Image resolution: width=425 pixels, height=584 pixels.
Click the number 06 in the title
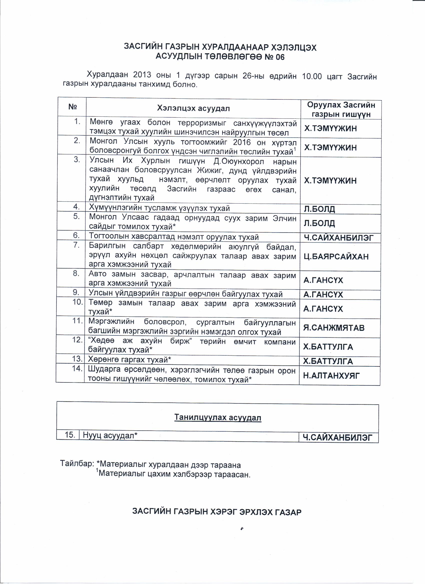(280, 57)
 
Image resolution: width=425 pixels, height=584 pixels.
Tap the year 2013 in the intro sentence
(142, 75)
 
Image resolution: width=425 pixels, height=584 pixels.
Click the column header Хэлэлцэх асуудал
(193, 108)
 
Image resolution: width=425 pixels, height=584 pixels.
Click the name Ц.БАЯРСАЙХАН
(336, 257)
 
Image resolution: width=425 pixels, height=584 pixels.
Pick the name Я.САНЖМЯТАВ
(334, 328)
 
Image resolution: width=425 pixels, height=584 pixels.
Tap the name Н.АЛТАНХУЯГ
(331, 376)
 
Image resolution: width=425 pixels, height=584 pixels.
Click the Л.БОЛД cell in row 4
(319, 209)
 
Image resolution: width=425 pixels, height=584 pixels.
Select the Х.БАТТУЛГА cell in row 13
(328, 361)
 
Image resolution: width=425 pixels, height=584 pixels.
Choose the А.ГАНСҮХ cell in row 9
(323, 294)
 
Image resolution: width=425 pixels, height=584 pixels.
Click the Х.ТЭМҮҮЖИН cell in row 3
(330, 181)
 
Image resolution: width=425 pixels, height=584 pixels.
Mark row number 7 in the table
(76, 245)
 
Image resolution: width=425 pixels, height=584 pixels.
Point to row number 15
(70, 435)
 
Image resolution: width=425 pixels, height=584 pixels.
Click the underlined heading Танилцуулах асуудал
(218, 417)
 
